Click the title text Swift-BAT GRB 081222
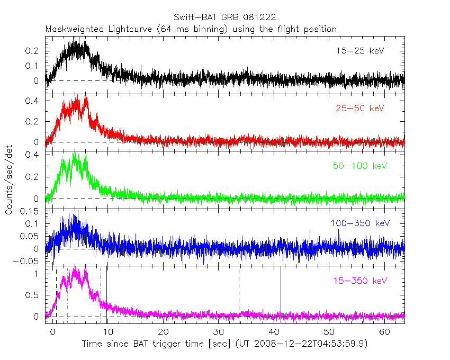224,18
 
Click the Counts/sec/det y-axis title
9,180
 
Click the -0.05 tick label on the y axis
29,261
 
